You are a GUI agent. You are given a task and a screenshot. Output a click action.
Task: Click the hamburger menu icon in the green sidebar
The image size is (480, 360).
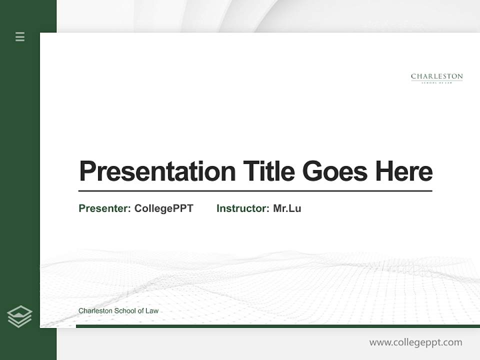(20, 36)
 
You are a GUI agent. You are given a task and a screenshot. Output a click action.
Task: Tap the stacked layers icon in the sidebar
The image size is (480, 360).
(19, 316)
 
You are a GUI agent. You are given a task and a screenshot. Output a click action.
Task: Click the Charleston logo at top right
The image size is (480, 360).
(436, 77)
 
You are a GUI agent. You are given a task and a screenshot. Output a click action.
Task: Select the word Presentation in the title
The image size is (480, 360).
(157, 171)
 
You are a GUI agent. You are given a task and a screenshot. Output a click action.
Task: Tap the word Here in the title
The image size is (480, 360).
(403, 171)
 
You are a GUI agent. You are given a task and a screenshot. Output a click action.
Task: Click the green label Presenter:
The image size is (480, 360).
(104, 208)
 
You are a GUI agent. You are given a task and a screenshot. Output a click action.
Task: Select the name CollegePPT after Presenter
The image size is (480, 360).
(163, 208)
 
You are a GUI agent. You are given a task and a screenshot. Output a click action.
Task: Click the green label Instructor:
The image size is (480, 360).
(242, 208)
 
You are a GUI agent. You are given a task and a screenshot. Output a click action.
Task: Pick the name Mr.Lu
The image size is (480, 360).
(287, 208)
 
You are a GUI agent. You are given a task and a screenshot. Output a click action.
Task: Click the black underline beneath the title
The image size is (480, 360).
(255, 190)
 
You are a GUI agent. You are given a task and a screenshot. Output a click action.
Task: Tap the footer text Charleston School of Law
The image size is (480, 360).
(118, 310)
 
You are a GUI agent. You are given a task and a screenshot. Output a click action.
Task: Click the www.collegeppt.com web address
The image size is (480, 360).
(415, 342)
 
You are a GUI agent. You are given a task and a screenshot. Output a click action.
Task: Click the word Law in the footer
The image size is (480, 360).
(152, 310)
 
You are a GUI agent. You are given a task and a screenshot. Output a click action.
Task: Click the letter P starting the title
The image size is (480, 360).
(87, 171)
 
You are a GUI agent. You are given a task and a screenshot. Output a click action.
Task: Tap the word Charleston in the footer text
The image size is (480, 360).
(95, 310)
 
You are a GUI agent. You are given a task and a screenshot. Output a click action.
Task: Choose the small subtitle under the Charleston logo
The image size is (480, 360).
(436, 82)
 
